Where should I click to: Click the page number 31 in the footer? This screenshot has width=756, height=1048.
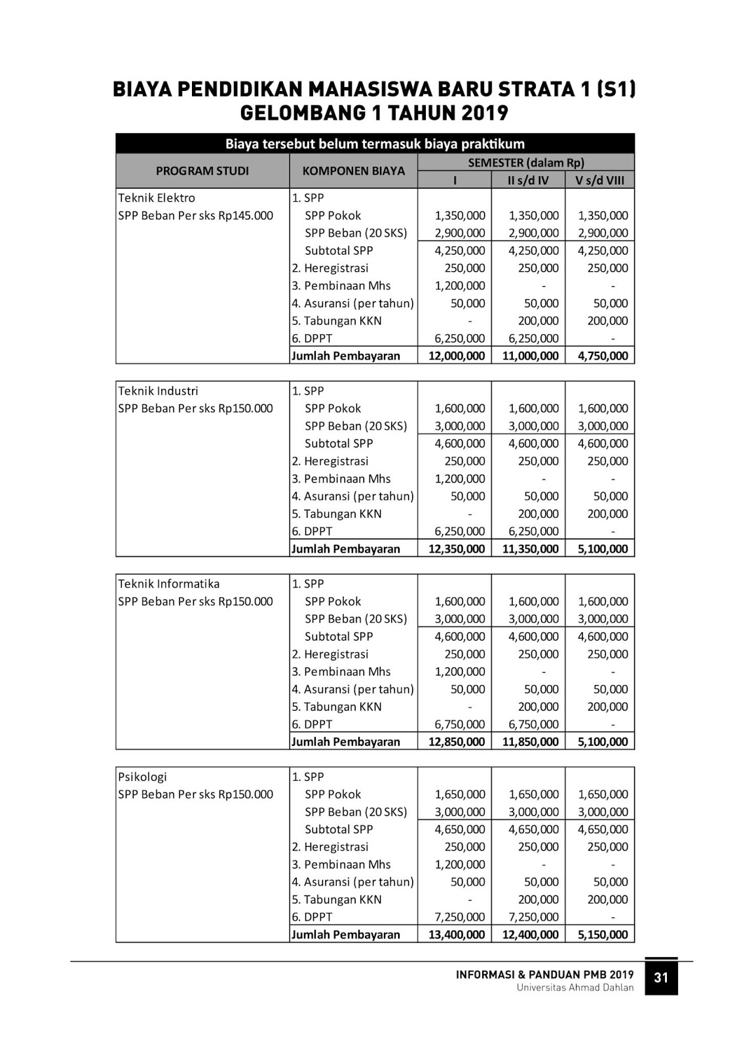[x=661, y=977]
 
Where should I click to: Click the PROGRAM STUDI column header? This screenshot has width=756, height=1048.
[x=202, y=171]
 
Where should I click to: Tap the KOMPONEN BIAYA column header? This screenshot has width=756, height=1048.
[x=354, y=171]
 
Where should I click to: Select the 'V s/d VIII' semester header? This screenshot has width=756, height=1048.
[x=600, y=180]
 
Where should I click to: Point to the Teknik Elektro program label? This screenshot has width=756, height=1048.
[x=157, y=198]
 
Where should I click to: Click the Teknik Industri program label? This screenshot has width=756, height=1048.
[x=158, y=391]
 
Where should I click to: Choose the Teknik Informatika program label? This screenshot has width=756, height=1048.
[x=169, y=584]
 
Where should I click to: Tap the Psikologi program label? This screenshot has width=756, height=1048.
[x=143, y=777]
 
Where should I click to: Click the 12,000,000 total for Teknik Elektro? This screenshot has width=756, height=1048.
[x=457, y=356]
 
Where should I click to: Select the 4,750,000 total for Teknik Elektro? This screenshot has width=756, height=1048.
[x=603, y=356]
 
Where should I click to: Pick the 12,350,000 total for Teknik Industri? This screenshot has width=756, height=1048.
[x=457, y=549]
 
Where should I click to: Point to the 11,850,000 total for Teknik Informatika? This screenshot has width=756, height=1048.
[x=530, y=741]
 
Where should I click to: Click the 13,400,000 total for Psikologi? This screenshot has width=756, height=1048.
[x=457, y=935]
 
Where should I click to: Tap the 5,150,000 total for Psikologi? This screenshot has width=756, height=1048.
[x=603, y=935]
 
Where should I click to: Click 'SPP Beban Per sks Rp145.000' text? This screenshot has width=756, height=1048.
[x=195, y=215]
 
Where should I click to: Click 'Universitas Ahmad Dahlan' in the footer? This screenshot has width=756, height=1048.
[x=575, y=988]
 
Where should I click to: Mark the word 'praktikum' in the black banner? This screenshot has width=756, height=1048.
[x=492, y=143]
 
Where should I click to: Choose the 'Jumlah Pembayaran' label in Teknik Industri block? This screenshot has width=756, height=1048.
[x=345, y=549]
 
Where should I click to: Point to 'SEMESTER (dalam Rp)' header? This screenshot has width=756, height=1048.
[x=526, y=162]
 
